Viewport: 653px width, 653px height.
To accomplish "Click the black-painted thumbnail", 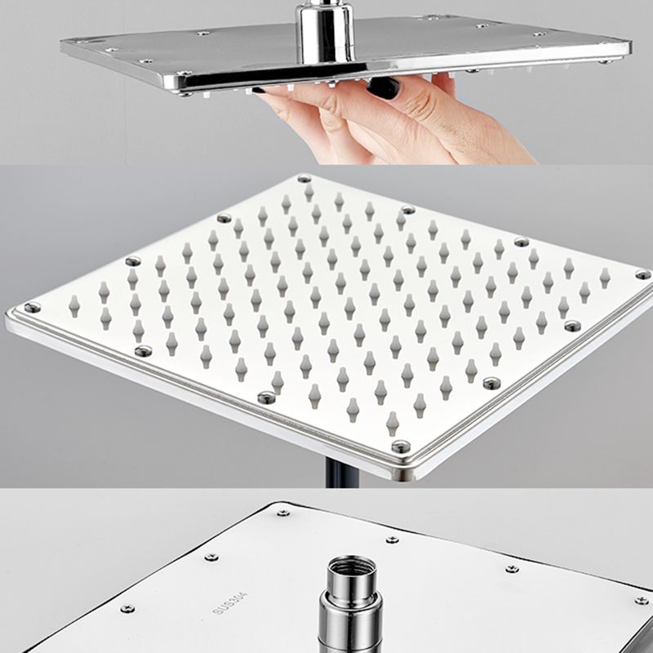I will coord(382,88).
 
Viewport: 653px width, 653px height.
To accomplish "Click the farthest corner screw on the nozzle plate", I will coord(304,179).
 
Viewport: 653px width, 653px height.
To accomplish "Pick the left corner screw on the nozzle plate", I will coord(32,308).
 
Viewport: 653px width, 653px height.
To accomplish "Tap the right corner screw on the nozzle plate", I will coord(642,274).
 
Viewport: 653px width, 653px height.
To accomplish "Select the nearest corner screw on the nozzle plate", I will coord(400,446).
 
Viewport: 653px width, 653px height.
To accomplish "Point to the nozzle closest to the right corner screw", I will coord(605,278).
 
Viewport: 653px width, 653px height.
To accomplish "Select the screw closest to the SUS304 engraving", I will coord(211,557).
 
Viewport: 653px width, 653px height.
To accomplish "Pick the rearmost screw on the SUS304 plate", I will coord(283,513).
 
